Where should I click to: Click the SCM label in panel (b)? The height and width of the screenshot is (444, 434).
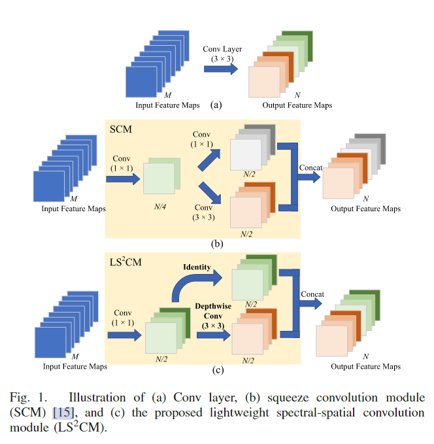coord(121,129)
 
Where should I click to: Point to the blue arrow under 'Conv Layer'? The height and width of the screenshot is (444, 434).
coord(221,69)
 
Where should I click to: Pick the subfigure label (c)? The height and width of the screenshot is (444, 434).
coord(217,371)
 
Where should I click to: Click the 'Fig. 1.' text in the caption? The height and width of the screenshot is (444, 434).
coord(28,398)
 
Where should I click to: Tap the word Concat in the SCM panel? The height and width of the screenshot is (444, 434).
coord(311,168)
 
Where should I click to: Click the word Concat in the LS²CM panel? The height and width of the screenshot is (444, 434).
coord(312,294)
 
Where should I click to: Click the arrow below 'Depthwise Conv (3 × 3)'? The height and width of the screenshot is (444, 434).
coord(213,335)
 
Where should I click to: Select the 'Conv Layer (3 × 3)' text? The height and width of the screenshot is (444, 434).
coord(221,53)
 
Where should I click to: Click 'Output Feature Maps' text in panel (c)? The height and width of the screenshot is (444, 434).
coord(365,367)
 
